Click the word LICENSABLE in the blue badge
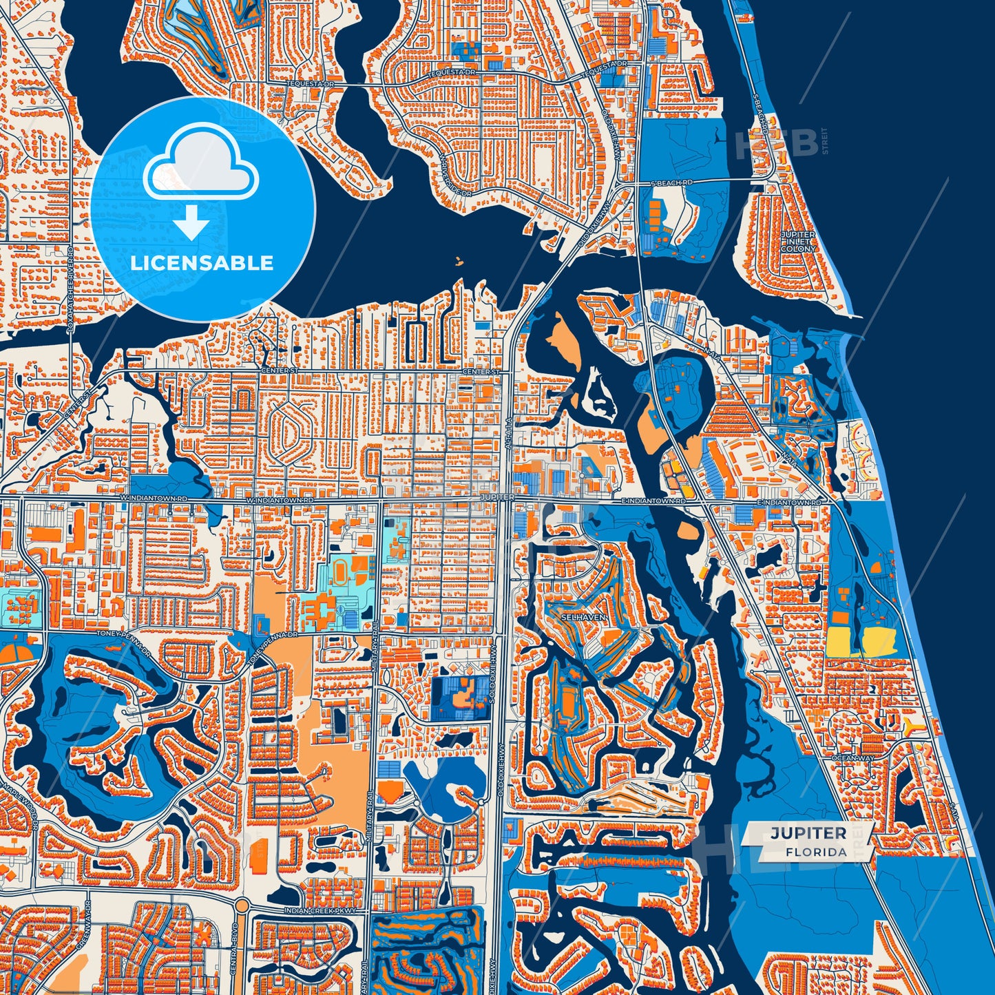(202, 263)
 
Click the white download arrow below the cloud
(192, 222)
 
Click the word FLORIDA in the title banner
(816, 852)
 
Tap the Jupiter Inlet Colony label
(799, 241)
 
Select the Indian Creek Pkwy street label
(321, 911)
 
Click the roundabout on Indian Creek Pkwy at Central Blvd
(241, 904)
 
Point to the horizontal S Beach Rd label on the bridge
(672, 182)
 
